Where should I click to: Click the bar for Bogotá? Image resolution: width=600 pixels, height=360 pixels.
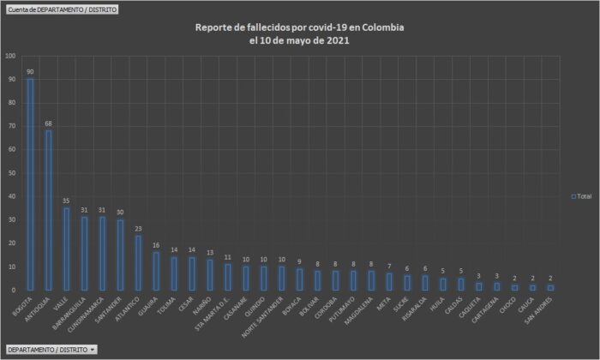30,184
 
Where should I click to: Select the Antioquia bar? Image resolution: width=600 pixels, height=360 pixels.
48,210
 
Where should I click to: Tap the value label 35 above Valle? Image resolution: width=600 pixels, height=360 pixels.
66,201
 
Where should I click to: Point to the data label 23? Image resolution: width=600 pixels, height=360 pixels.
138,229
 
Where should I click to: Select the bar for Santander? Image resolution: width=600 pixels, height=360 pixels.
120,255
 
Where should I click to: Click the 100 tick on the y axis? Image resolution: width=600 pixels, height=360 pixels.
10,56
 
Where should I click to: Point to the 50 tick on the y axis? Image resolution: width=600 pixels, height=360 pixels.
10,173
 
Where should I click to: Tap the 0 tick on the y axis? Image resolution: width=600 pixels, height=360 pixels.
12,290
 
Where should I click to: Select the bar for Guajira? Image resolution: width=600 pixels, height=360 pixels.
156,271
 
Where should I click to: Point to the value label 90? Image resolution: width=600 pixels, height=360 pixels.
30,72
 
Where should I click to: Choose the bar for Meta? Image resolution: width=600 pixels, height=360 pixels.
389,281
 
